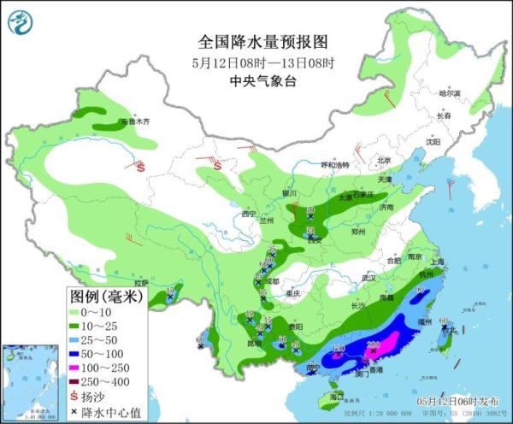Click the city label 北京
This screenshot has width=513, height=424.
point(384,160)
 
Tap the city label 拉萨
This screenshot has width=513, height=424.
point(141,282)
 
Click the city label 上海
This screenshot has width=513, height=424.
point(438,262)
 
